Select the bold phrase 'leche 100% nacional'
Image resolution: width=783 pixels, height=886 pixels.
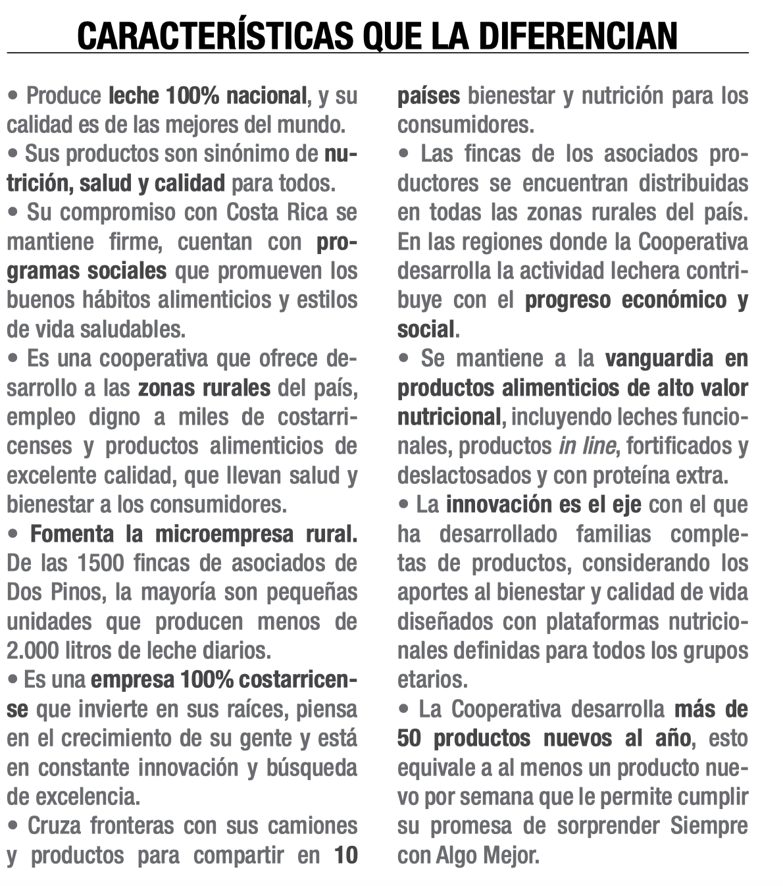point(207,96)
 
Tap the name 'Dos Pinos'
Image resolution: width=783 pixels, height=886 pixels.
point(55,592)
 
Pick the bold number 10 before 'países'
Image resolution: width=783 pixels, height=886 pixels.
point(345,855)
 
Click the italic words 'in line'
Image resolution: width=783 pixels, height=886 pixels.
point(587,446)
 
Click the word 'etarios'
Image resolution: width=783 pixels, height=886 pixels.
point(431,679)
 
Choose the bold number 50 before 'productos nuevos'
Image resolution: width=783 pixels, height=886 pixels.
point(409,739)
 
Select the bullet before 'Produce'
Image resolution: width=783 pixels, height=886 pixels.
point(13,96)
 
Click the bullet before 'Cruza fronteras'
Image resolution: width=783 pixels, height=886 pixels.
point(13,825)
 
